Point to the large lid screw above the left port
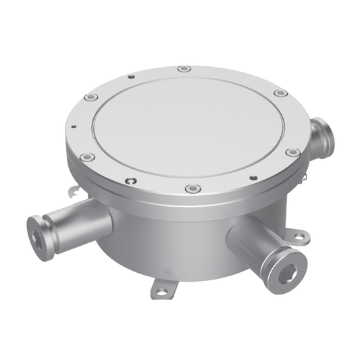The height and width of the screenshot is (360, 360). point(84,159)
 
